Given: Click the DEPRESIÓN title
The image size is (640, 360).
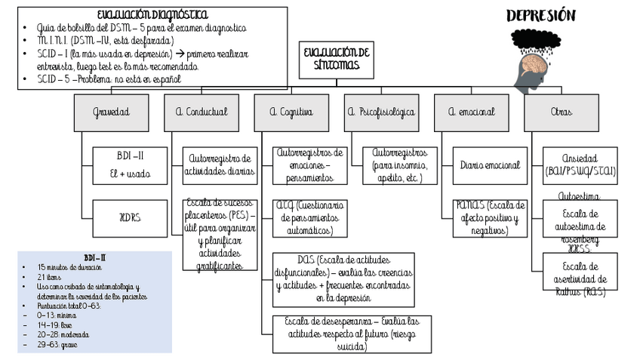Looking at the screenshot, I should coord(540,16).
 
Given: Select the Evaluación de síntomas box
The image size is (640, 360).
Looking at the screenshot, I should coord(337,58).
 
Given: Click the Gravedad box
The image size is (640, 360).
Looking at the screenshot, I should coord(111,112).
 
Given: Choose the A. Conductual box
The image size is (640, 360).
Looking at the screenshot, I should coord(201,112).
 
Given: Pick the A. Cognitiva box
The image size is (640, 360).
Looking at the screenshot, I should coord(291,112).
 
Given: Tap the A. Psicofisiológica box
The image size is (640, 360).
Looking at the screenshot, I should coord(381,112).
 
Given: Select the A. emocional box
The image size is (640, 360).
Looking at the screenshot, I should coord(471,112).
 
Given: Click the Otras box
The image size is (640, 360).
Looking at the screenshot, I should coord(561,112).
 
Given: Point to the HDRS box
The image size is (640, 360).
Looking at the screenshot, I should coord(130,217).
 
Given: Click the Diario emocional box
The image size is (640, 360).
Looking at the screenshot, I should coord(490,165).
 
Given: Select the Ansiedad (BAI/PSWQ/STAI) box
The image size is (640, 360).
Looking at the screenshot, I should coord(580,165).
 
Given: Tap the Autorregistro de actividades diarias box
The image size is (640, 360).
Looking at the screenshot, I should coord(220,165).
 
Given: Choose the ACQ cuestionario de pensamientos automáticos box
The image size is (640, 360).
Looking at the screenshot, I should coord(309,218).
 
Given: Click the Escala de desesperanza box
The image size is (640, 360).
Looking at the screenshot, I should coord(352,334).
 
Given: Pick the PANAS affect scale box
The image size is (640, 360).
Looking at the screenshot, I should coord(490,218).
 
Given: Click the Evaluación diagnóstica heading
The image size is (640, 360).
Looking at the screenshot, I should coord(152,15).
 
